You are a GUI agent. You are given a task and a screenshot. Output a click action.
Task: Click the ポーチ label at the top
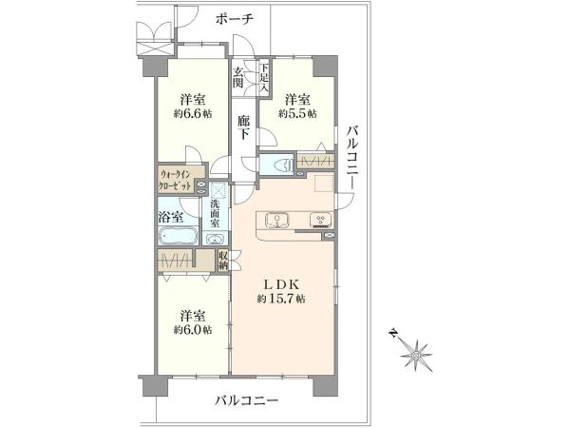coord(234,18)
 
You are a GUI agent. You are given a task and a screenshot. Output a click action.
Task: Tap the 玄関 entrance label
coord(238,78)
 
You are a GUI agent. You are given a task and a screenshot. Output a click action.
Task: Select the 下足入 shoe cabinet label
coord(264,77)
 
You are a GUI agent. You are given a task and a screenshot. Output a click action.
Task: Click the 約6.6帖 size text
coord(193,113)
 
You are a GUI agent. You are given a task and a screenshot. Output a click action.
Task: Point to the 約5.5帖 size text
coord(297,113)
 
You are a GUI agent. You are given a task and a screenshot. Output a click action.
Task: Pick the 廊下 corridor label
coord(244,127)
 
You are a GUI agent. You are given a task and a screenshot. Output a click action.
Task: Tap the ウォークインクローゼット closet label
coord(175,180)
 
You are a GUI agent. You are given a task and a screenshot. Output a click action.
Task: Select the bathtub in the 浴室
coord(179,236)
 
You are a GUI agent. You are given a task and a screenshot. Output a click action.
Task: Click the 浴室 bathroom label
coord(170,217)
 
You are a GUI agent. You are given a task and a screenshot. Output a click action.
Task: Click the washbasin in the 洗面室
coord(216,239)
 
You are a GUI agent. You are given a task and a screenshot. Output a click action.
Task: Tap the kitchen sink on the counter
coord(277,221)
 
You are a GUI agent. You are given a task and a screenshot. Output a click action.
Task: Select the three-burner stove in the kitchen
coord(321,221)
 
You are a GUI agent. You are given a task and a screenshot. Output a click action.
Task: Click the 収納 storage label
coord(222,260)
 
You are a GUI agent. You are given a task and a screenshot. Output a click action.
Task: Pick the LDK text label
coord(281,283)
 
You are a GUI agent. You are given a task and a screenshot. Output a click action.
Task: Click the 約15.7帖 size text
coord(281,300)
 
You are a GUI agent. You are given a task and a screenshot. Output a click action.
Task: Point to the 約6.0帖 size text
coord(193,330)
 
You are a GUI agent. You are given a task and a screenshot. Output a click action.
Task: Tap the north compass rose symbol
coord(415,354)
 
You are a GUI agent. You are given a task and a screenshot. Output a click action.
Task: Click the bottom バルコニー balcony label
coord(246,401)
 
